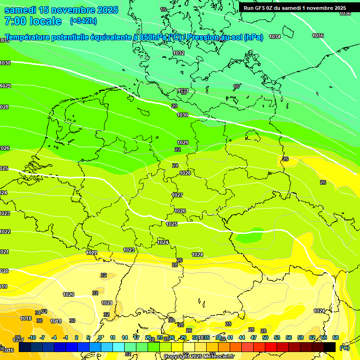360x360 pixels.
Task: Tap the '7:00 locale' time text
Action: pyautogui.click(x=33, y=21)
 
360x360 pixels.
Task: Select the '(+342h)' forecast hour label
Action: pyautogui.click(x=83, y=21)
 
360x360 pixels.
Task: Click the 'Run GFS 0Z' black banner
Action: pyautogui.click(x=295, y=8)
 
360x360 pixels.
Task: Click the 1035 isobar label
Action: pyautogui.click(x=318, y=36)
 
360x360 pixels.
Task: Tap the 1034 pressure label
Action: pyautogui.click(x=275, y=37)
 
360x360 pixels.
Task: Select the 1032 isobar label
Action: pyautogui.click(x=179, y=53)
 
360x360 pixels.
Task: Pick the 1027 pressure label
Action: pyautogui.click(x=177, y=195)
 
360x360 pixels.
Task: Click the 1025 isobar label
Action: pyautogui.click(x=172, y=224)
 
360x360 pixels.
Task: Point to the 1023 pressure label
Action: pyautogui.click(x=129, y=250)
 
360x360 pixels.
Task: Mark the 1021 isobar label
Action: pyautogui.click(x=107, y=303)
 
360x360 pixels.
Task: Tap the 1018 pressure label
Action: pyautogui.click(x=26, y=318)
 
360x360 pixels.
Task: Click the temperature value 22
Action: pyautogui.click(x=178, y=150)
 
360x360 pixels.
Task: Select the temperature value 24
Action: pyautogui.click(x=175, y=165)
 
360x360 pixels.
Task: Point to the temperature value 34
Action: pyautogui.click(x=38, y=313)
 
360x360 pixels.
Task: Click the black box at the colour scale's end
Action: pyautogui.click(x=330, y=347)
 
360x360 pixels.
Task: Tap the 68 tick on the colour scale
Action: pyautogui.click(x=336, y=337)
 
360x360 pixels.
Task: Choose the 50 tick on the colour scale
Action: pyautogui.click(x=265, y=337)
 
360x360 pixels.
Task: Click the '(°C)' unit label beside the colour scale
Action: pyautogui.click(x=345, y=347)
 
